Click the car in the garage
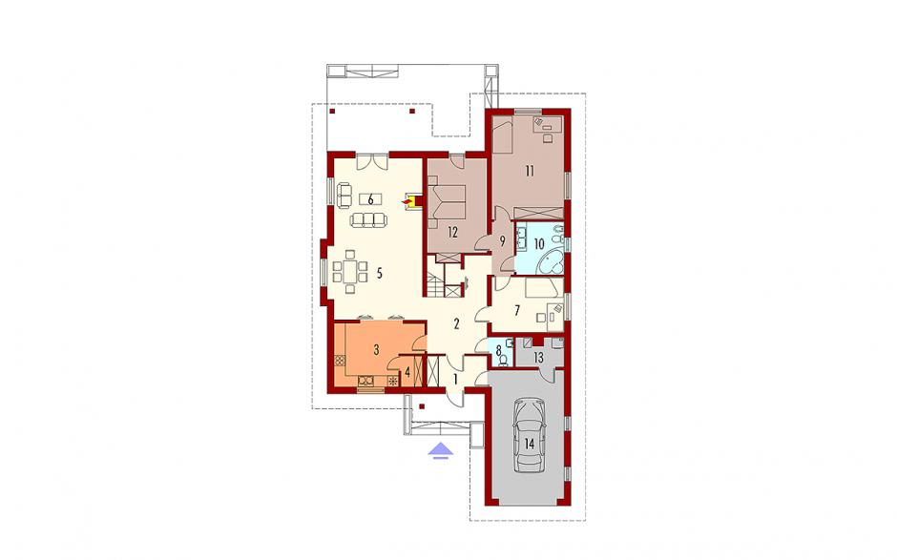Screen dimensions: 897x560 [530, 435]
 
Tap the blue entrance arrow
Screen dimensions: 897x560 [441, 450]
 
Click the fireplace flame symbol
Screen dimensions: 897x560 [407, 201]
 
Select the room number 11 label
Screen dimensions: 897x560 [530, 171]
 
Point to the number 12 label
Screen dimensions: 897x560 [452, 232]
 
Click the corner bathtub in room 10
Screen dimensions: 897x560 [552, 261]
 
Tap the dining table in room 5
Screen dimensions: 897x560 [349, 272]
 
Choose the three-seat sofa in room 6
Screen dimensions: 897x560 [367, 219]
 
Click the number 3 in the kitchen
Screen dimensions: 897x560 [376, 350]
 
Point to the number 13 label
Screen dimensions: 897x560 [538, 358]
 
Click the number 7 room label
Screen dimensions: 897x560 [517, 311]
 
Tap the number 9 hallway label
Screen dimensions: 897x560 [502, 241]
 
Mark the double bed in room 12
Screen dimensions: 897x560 [449, 203]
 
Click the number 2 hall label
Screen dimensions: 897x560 [456, 324]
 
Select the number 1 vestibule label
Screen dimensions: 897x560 [455, 379]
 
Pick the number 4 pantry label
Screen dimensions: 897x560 [407, 372]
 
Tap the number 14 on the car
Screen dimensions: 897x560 [530, 444]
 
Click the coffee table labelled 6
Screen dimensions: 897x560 [370, 199]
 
